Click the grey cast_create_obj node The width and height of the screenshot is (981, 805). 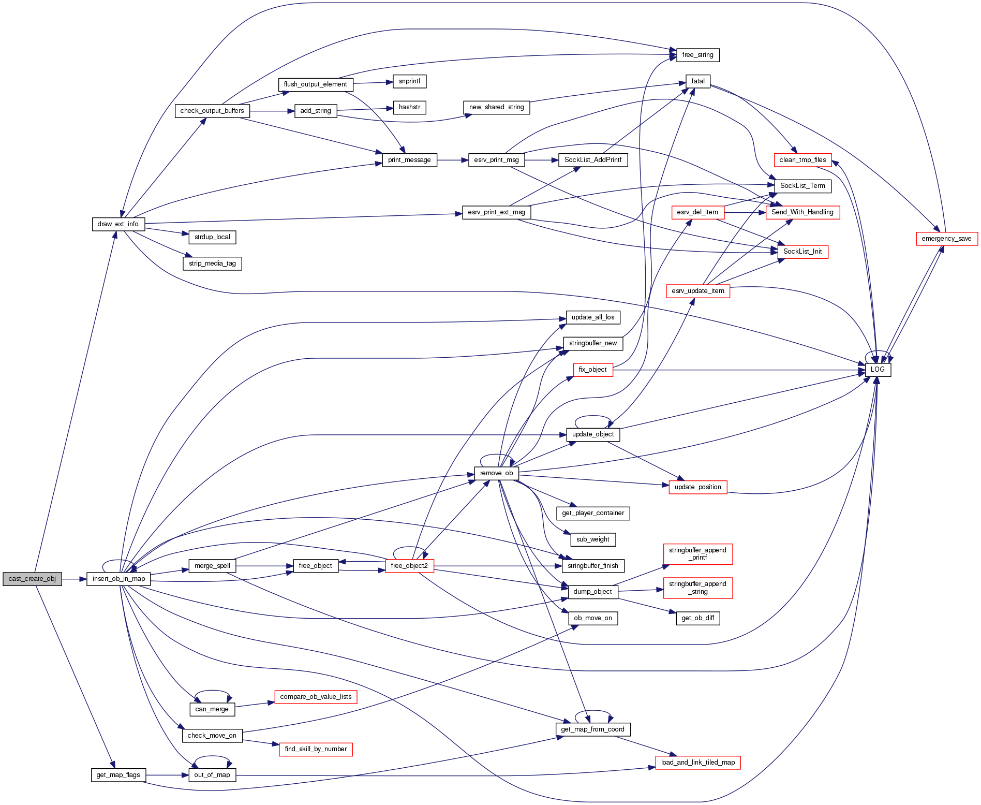click(x=32, y=579)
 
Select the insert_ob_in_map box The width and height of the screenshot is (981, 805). click(x=118, y=579)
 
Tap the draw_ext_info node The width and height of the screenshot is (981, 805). click(x=118, y=224)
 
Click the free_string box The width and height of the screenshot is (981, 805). click(x=697, y=55)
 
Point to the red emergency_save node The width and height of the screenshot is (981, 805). click(x=946, y=239)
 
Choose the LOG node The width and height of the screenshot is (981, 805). click(x=878, y=370)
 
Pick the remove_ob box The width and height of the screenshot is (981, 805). click(x=496, y=473)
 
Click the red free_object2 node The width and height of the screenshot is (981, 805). click(x=409, y=566)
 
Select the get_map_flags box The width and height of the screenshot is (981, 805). click(x=118, y=775)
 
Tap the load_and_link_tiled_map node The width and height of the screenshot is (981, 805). click(x=697, y=763)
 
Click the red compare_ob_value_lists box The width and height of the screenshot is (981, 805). click(x=316, y=697)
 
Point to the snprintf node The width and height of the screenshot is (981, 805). click(x=409, y=81)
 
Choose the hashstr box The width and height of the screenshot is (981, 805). click(x=409, y=107)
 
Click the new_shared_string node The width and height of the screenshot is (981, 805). click(x=496, y=107)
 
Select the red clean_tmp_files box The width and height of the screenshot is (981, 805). click(x=802, y=160)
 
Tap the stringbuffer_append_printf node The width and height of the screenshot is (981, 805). click(x=697, y=554)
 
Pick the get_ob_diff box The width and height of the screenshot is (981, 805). click(x=697, y=618)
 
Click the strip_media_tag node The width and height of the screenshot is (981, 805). click(x=212, y=264)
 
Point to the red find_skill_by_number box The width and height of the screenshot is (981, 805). click(x=316, y=749)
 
